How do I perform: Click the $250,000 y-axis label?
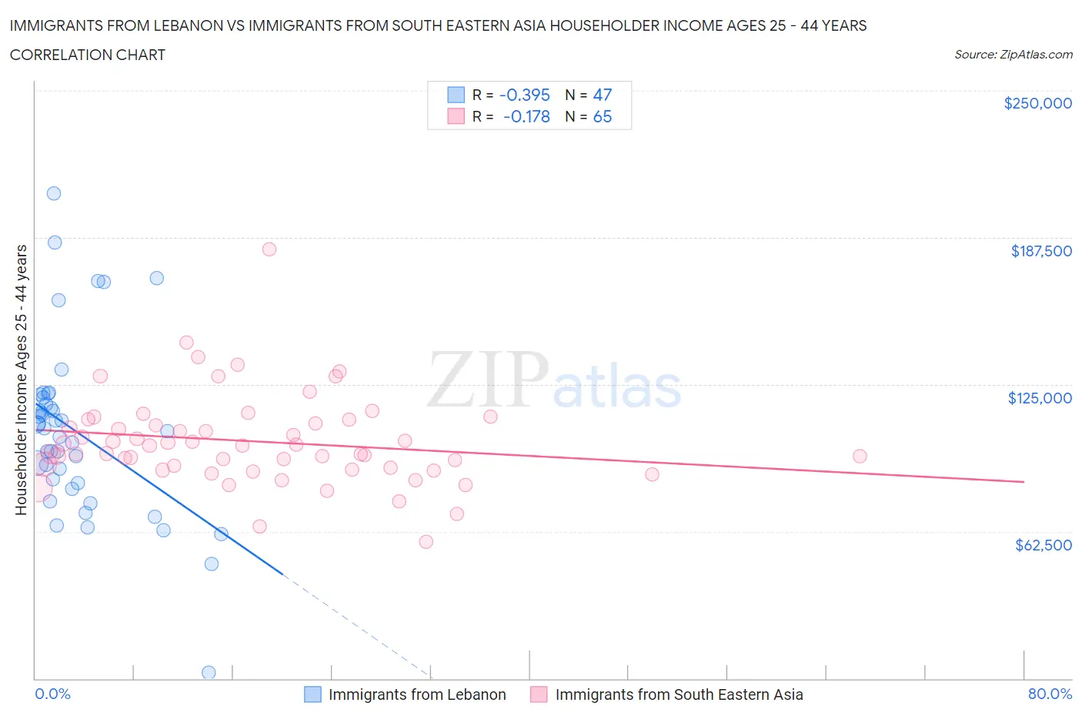[1037, 103]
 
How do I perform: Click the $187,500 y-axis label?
[1041, 251]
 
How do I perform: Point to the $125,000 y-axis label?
[1040, 398]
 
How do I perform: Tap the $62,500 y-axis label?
[1043, 545]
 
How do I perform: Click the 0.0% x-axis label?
[52, 694]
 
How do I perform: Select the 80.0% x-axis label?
[1050, 694]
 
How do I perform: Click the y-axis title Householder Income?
[22, 380]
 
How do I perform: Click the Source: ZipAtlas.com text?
[1013, 55]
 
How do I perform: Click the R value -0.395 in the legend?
[524, 95]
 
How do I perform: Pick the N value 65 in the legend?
[602, 116]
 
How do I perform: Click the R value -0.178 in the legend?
[526, 116]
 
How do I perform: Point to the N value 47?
[602, 95]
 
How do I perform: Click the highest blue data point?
[54, 193]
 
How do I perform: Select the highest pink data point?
[269, 249]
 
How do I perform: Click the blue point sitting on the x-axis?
[209, 672]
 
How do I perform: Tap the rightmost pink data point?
[860, 456]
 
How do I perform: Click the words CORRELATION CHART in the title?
[88, 55]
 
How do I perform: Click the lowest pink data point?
[426, 541]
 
